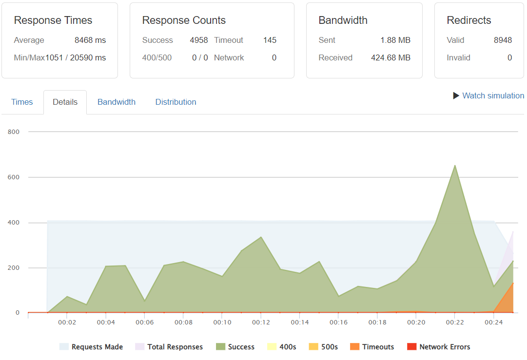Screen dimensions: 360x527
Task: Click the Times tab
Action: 22,102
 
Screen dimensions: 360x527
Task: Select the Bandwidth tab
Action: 117,102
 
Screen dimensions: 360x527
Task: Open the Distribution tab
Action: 176,102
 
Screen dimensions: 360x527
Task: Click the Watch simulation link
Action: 492,95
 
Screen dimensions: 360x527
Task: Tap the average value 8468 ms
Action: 90,40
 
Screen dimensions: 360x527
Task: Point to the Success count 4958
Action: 199,40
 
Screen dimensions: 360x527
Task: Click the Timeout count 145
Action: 270,40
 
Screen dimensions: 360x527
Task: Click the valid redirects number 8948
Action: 503,40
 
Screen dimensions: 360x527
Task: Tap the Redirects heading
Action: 468,20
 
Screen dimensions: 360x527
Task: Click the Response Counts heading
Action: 184,20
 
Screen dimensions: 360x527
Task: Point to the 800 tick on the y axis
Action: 13,132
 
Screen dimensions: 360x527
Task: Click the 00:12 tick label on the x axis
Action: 261,322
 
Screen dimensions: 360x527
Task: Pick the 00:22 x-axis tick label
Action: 454,322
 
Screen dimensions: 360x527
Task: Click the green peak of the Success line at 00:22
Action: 455,166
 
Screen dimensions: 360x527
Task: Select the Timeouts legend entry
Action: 377,347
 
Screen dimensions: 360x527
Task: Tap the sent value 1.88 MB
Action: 395,40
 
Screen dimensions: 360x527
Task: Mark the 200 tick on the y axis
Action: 13,268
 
